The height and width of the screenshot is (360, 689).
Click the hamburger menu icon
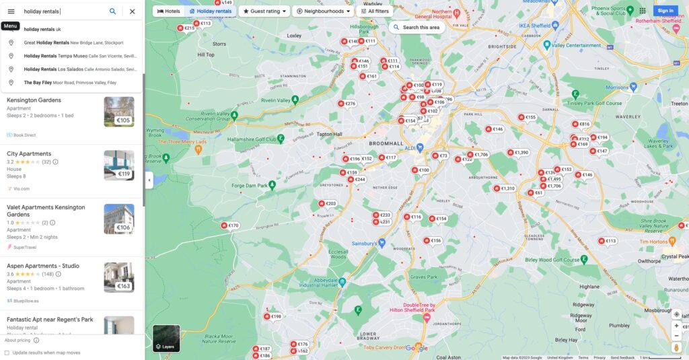[x=11, y=11]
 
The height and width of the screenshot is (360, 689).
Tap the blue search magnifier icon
[x=112, y=11]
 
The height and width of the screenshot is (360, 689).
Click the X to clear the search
[x=132, y=11]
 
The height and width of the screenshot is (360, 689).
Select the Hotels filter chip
[x=169, y=11]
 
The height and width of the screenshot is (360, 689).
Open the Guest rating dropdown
[x=265, y=11]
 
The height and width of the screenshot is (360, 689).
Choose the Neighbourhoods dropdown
[x=324, y=11]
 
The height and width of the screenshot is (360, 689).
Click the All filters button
[x=374, y=11]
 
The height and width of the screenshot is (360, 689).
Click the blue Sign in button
[x=665, y=11]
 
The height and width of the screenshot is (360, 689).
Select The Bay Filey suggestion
[x=70, y=83]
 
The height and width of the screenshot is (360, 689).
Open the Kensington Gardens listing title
[x=34, y=100]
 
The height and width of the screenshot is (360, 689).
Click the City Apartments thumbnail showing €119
[x=118, y=166]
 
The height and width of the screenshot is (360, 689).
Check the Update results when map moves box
[x=7, y=353]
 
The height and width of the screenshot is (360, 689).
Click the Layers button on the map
[x=166, y=338]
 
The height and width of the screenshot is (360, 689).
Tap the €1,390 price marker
[x=518, y=153]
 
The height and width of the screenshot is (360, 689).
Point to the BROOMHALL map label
[x=386, y=144]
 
